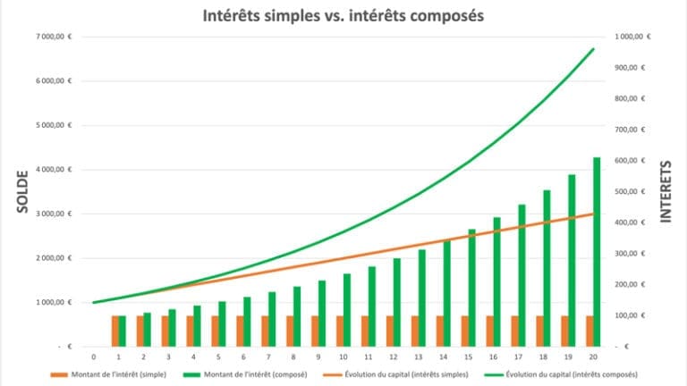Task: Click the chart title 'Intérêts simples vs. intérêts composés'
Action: pyautogui.click(x=343, y=15)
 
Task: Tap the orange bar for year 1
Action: pyautogui.click(x=115, y=331)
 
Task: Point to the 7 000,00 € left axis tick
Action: pyautogui.click(x=55, y=37)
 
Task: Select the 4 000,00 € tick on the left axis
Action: pyautogui.click(x=55, y=170)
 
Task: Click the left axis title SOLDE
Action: pyautogui.click(x=20, y=192)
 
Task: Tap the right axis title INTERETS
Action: pyautogui.click(x=666, y=192)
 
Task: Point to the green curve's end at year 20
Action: pyautogui.click(x=593, y=49)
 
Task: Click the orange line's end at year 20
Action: pyautogui.click(x=593, y=214)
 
